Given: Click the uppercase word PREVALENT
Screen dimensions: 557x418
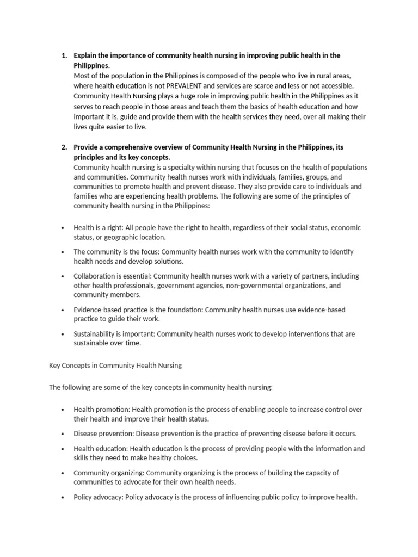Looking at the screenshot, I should tap(190, 85).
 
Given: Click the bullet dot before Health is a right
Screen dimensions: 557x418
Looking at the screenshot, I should tap(63, 228).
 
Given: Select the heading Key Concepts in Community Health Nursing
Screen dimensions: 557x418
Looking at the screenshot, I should tap(115, 366).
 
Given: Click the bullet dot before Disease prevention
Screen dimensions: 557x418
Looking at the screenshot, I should tap(63, 434).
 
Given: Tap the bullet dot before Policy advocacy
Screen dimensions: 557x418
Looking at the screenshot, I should tap(63, 497).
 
